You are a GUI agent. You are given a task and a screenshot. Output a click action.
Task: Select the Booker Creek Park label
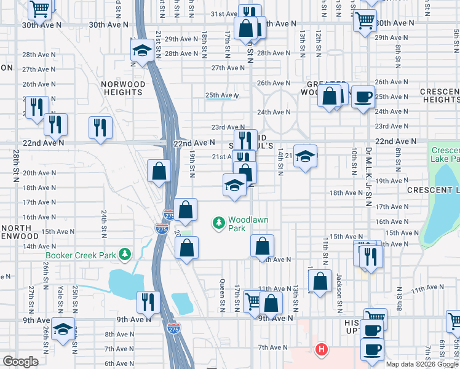(x=82, y=255)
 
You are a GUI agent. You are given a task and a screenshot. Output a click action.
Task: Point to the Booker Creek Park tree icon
(x=125, y=254)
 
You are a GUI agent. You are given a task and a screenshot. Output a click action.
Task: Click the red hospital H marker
(x=320, y=351)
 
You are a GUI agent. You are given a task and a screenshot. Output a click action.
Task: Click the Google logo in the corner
(x=20, y=362)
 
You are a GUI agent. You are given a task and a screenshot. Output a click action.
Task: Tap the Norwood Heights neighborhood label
(x=124, y=88)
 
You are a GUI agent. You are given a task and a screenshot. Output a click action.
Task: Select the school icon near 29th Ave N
(x=142, y=51)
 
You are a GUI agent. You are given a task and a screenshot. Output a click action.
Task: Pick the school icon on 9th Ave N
(x=63, y=330)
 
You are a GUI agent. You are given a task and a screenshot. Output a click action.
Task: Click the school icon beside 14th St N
(x=304, y=156)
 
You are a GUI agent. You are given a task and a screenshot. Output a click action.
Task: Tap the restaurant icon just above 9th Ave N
(x=148, y=302)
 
